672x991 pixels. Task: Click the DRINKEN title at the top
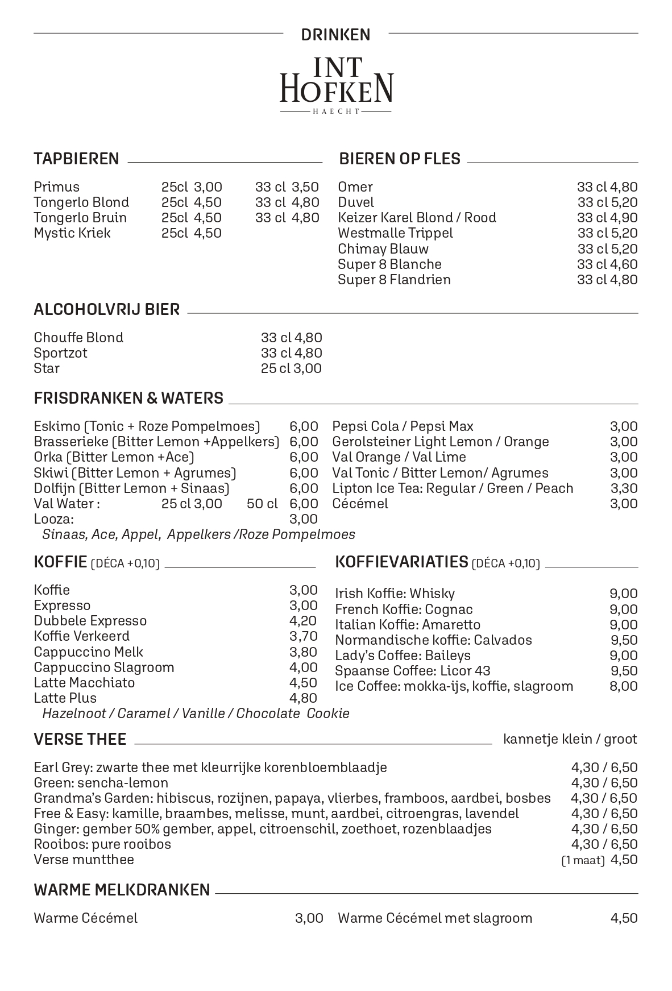(335, 35)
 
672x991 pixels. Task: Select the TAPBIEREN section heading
(76, 159)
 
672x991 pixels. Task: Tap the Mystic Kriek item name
(72, 233)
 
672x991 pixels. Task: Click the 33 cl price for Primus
(287, 187)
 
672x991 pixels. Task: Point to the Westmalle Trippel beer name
(395, 233)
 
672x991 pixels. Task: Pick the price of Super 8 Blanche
(607, 264)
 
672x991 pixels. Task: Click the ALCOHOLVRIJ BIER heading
(106, 309)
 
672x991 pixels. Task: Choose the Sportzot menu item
(60, 353)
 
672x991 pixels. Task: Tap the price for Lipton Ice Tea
(624, 488)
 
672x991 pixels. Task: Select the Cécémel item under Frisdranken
(360, 504)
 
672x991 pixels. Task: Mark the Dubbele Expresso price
(303, 621)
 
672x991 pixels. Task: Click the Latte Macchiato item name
(84, 683)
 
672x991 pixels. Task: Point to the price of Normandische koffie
(624, 640)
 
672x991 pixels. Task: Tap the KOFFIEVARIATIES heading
(401, 562)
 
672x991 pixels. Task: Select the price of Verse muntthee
(624, 860)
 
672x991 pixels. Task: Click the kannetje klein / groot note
(570, 739)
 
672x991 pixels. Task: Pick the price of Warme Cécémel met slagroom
(624, 918)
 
